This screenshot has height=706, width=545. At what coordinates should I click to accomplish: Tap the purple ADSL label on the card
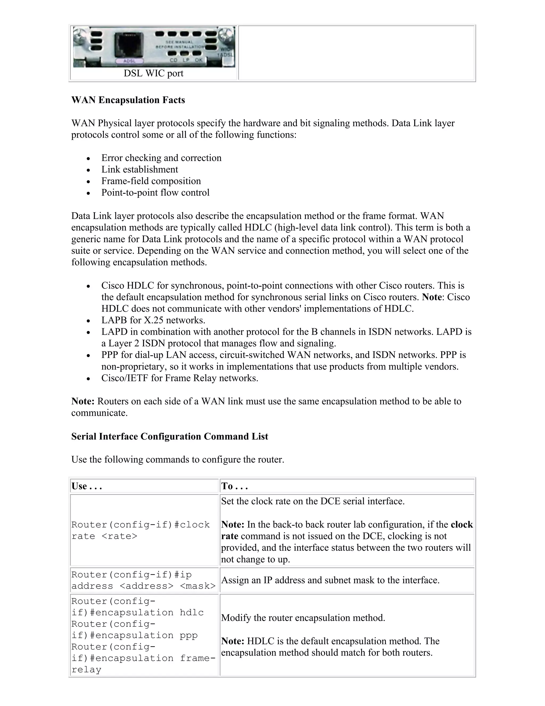[129, 60]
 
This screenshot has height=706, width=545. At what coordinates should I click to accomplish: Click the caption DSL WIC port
[153, 73]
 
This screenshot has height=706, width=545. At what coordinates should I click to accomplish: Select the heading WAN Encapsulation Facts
[128, 100]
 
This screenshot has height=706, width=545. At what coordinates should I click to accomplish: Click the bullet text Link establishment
[139, 169]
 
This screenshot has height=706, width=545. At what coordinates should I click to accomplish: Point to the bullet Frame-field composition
[151, 181]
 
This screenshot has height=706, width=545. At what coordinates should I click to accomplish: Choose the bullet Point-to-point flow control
[155, 193]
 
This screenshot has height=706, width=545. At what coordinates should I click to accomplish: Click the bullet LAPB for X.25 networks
[153, 320]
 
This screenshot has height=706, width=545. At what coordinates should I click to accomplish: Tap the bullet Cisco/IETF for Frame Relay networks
[180, 378]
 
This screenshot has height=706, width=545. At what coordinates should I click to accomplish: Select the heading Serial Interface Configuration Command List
[170, 436]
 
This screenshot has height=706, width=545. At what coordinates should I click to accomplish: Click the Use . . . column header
[86, 486]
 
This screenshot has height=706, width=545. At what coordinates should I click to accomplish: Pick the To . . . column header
[234, 486]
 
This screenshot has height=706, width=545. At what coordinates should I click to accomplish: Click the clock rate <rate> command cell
[141, 530]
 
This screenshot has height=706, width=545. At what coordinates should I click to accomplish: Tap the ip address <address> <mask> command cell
[143, 580]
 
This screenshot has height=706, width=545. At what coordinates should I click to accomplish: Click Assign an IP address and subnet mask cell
[330, 580]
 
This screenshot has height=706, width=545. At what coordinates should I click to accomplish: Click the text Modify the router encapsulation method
[303, 618]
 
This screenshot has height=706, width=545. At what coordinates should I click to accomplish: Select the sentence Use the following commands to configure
[177, 460]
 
